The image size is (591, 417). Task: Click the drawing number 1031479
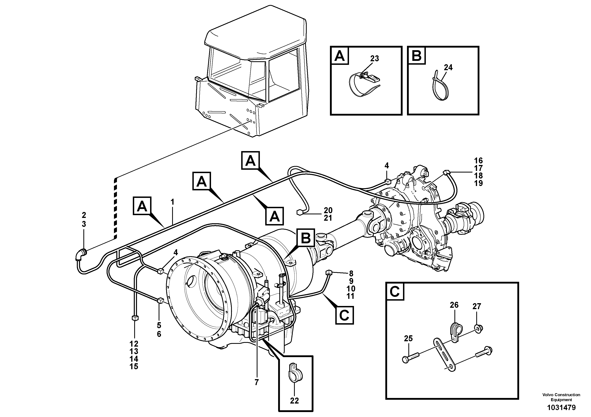[561, 407]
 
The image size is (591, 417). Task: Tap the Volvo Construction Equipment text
[561, 397]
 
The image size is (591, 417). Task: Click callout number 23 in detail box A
[375, 59]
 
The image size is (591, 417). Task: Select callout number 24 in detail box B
[448, 67]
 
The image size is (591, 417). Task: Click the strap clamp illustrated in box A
[363, 85]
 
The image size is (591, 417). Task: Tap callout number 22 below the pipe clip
[294, 401]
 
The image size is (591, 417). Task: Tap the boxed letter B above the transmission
[306, 238]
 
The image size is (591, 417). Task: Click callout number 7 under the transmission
[256, 382]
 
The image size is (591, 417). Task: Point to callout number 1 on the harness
[173, 202]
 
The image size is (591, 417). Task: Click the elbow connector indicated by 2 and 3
[81, 255]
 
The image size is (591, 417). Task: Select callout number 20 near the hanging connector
[328, 210]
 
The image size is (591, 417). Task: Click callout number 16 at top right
[478, 161]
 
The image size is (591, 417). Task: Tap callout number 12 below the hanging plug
[134, 344]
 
